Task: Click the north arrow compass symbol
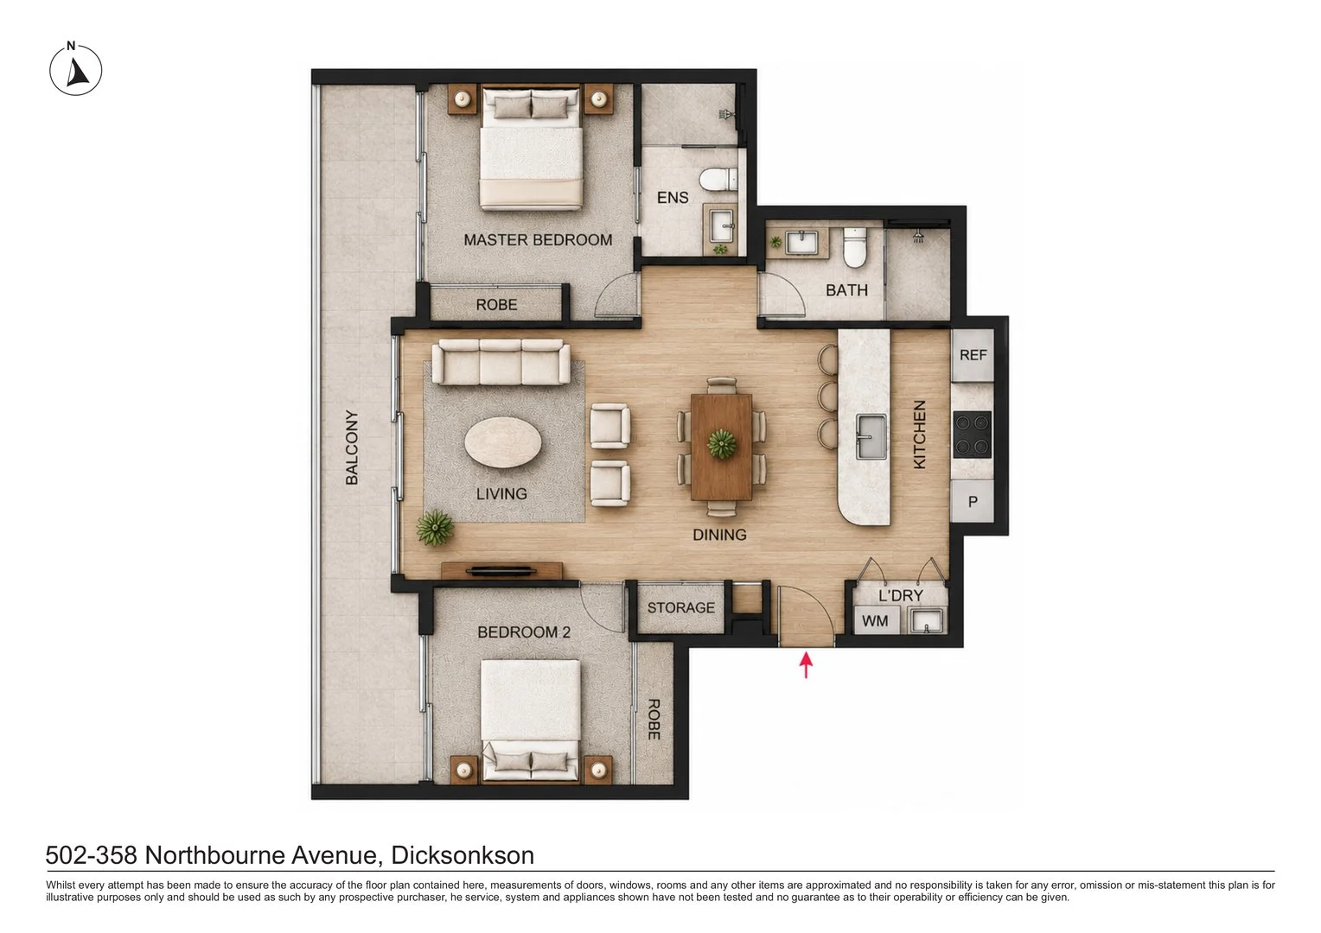click(x=75, y=70)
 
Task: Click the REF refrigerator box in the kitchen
click(x=973, y=355)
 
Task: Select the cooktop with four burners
click(x=973, y=435)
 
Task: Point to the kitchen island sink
click(x=871, y=436)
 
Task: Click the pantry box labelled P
click(x=973, y=502)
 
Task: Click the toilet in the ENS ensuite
click(x=719, y=179)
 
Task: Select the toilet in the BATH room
click(x=854, y=248)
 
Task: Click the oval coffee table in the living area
click(x=503, y=443)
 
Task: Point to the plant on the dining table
click(x=722, y=444)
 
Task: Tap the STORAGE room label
click(x=680, y=607)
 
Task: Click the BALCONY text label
click(x=352, y=447)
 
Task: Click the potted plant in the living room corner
click(x=435, y=528)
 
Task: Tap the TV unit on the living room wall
click(x=501, y=570)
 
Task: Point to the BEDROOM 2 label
click(x=524, y=632)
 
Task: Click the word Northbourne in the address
click(x=260, y=855)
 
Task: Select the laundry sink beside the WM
click(x=926, y=621)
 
